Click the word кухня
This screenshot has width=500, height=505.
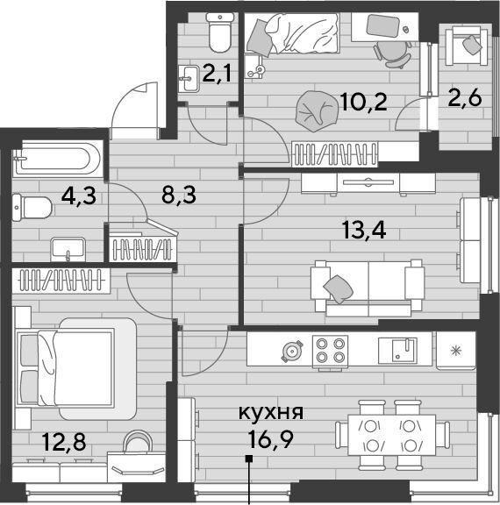[271, 413]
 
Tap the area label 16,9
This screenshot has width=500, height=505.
[271, 438]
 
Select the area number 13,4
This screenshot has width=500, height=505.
[364, 231]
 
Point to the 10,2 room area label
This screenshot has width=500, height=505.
[363, 102]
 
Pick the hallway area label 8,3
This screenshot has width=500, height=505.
[179, 196]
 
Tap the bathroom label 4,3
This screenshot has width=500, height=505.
[79, 196]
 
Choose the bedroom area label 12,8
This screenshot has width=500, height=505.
[64, 442]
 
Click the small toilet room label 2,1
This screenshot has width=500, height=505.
[217, 74]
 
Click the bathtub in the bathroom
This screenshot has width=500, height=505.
[58, 159]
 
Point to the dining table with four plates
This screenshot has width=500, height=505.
[392, 435]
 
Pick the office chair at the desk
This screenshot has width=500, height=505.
[393, 53]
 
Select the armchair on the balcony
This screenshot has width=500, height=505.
[466, 46]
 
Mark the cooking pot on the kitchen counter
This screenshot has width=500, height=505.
[292, 351]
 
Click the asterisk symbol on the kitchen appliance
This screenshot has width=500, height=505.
[456, 351]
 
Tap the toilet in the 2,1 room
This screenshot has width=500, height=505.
[219, 32]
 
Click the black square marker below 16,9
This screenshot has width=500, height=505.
[248, 459]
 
